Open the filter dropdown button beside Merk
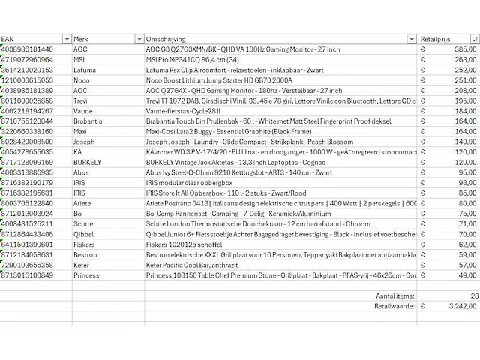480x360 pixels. coord(139,39)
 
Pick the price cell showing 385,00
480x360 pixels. coord(465,49)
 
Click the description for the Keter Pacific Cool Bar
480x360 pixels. coord(194,265)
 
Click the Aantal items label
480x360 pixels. coord(394,295)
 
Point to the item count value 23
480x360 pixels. coord(474,295)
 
